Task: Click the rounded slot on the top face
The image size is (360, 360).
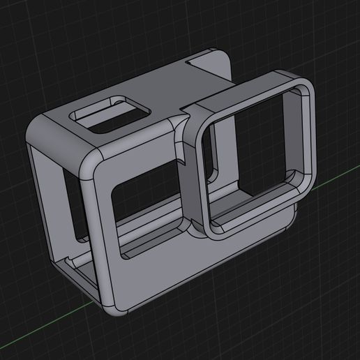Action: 112,115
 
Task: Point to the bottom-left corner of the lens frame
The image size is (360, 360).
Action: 200,227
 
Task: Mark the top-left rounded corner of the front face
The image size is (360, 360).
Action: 89,165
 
